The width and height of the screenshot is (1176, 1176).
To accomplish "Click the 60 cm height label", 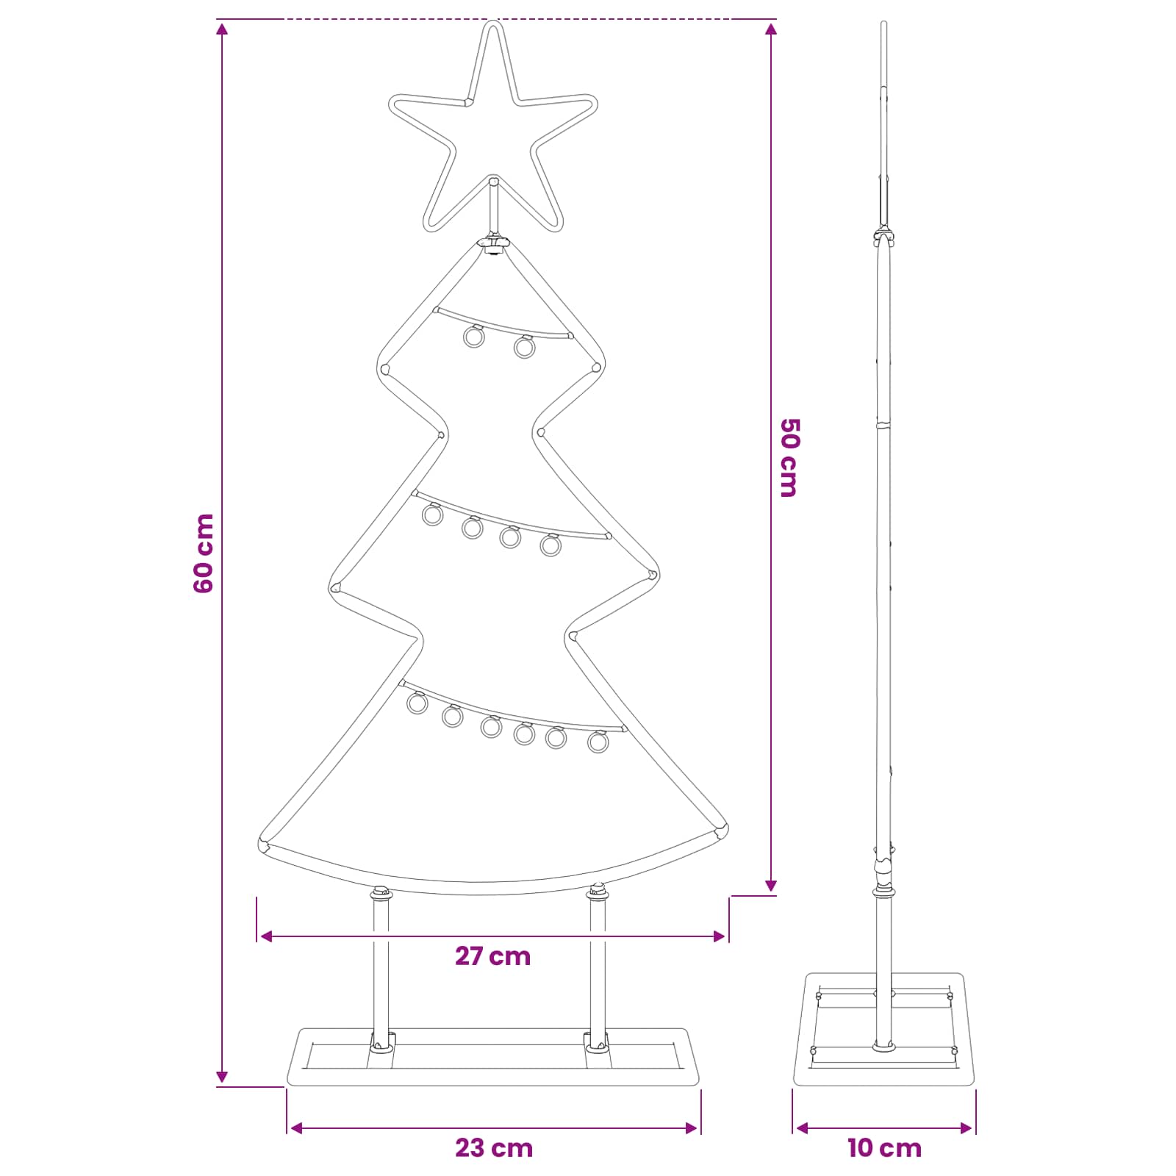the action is [x=204, y=553].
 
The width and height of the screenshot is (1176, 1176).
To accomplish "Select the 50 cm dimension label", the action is [x=789, y=458].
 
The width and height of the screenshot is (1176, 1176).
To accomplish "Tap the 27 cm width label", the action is [x=492, y=956].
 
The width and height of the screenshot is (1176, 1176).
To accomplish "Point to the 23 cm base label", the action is [x=494, y=1147].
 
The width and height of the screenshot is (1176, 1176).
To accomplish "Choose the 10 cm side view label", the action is [x=884, y=1147].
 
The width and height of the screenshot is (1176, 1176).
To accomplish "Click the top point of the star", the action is [x=492, y=22].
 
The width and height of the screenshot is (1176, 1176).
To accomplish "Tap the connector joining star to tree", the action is [x=493, y=243].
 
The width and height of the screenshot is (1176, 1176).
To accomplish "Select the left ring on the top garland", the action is [x=474, y=336].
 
